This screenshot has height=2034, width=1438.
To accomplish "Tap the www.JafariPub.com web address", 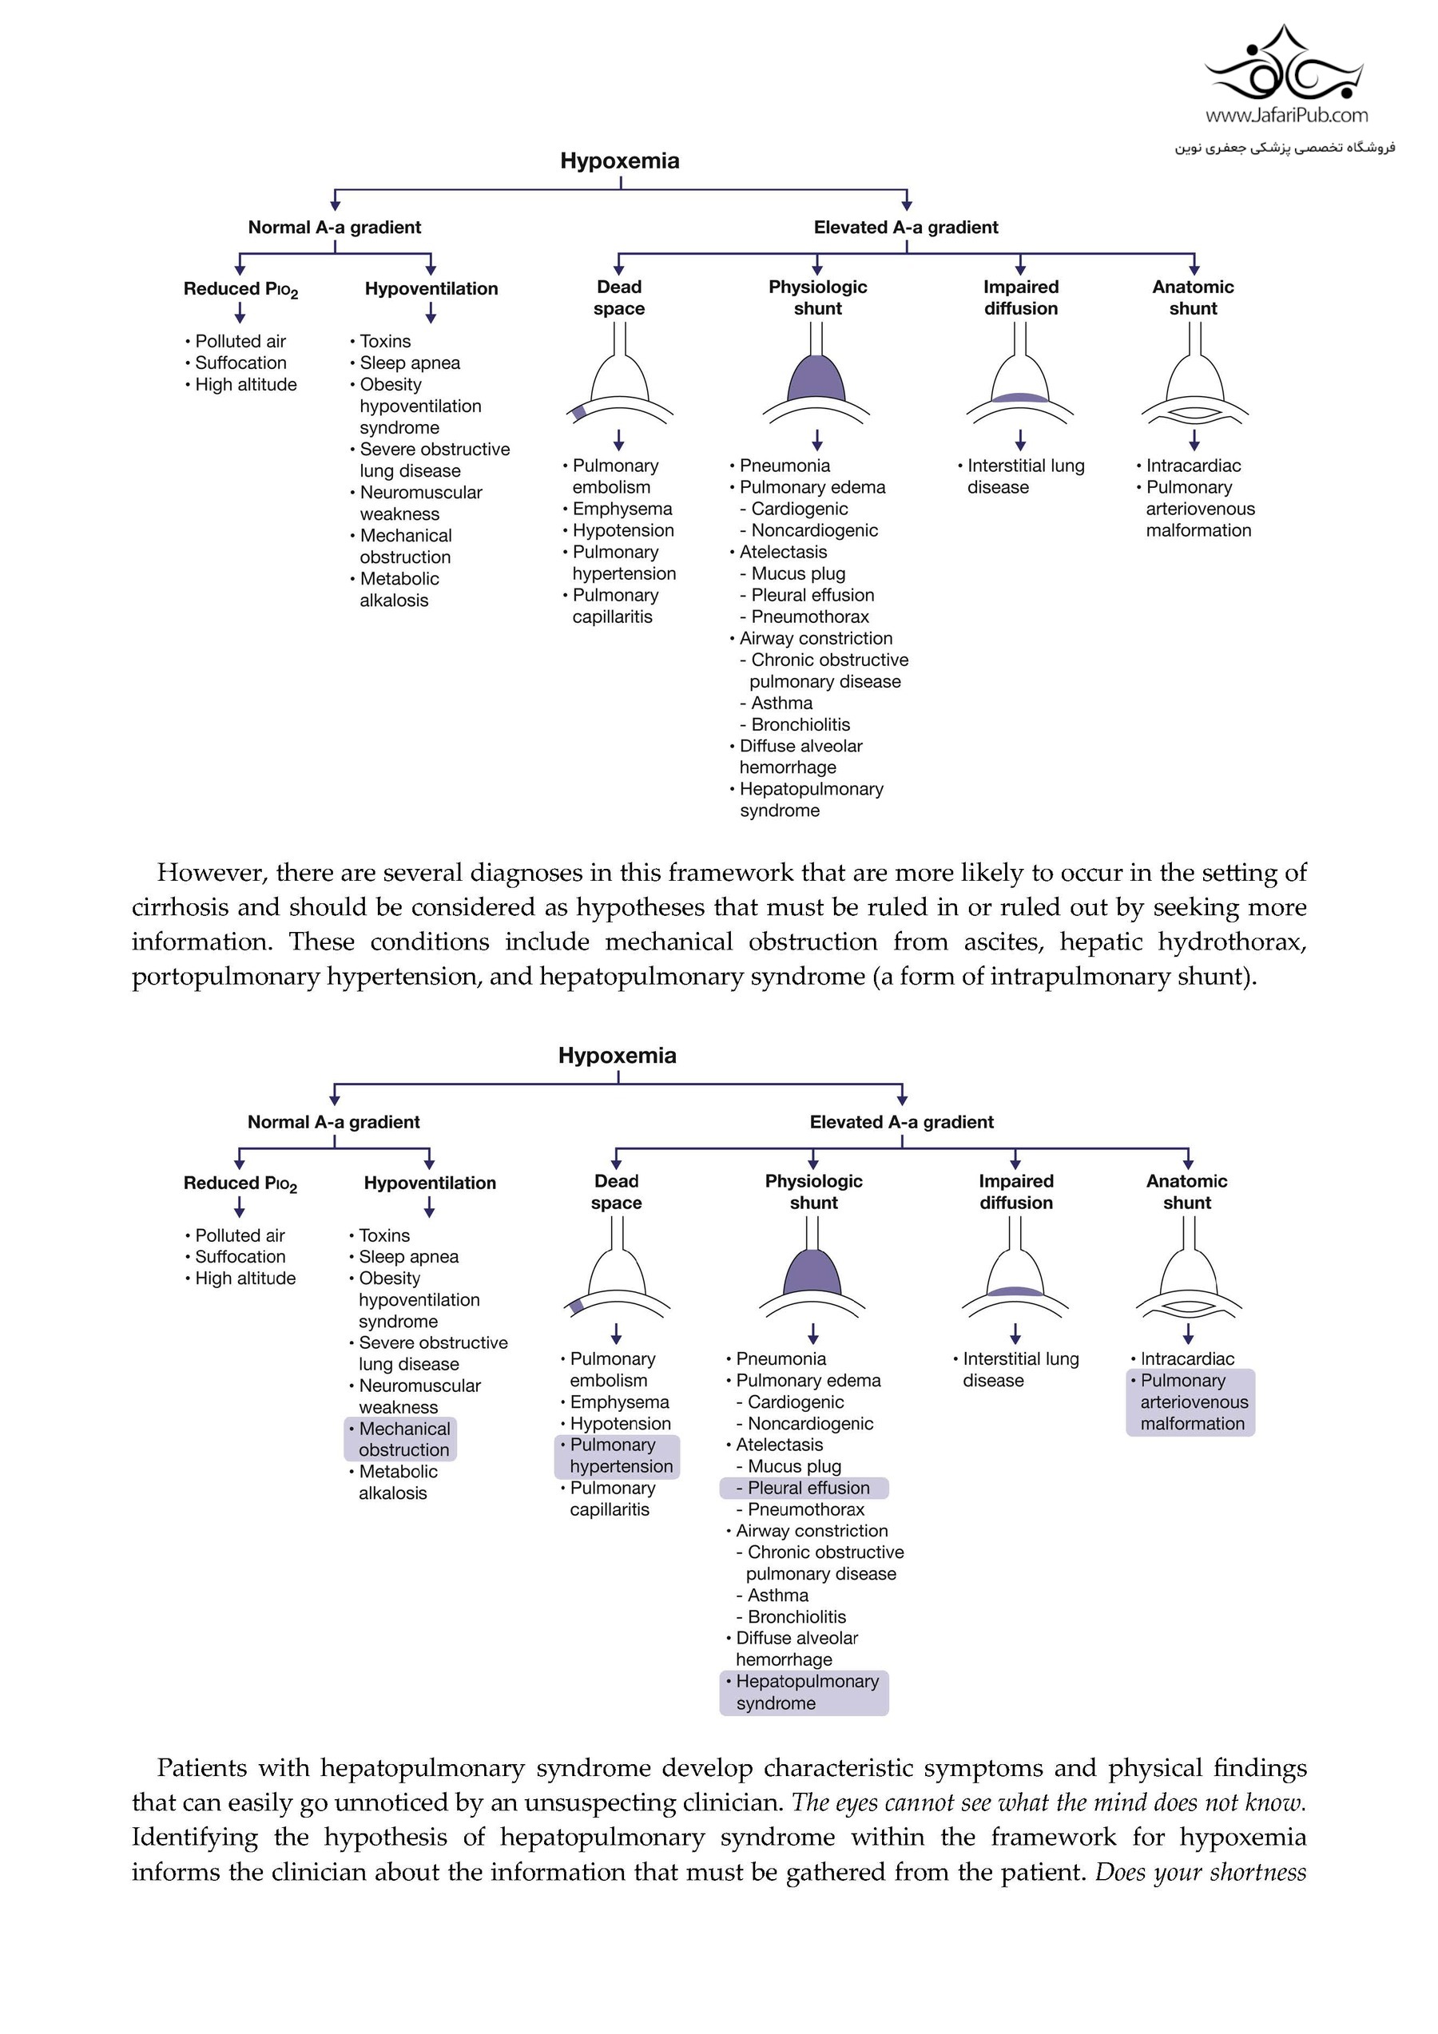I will tap(1286, 115).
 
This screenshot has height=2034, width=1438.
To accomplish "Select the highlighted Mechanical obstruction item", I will tap(400, 1439).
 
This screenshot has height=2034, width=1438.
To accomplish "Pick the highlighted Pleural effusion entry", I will tap(804, 1488).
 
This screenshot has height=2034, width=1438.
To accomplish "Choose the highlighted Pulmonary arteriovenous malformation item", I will tap(1192, 1402).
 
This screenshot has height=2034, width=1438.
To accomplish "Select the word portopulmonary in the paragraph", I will tap(225, 976).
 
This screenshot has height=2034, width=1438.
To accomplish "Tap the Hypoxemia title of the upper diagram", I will tap(619, 161).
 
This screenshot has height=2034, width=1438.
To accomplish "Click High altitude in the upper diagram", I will tap(245, 384).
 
